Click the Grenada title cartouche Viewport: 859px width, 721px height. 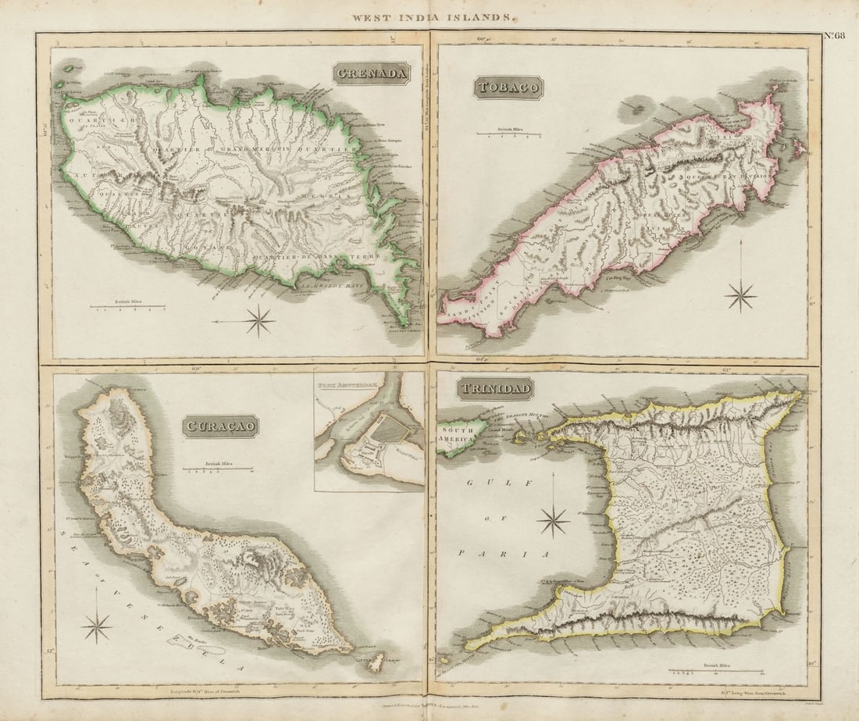372,73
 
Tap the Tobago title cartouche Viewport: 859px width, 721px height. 508,87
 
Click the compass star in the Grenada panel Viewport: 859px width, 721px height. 258,320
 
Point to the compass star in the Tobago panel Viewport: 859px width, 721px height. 740,295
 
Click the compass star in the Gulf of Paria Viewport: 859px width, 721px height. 553,521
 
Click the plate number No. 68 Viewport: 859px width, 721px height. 834,36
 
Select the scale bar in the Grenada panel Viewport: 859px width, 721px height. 127,307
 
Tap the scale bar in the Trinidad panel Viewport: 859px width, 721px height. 715,669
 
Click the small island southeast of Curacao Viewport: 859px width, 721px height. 376,661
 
